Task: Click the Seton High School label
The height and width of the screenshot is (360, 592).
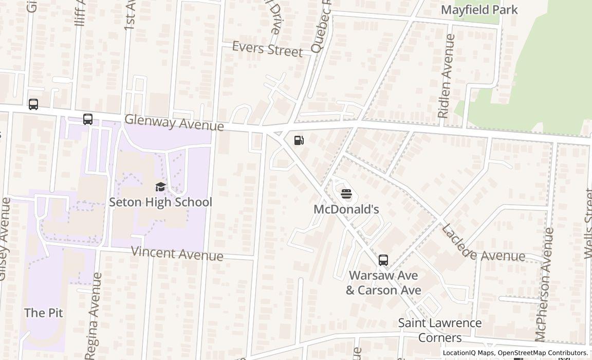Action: pos(160,202)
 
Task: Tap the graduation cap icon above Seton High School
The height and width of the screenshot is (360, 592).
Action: pos(161,187)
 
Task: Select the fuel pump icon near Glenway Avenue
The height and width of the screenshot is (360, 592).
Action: pos(299,140)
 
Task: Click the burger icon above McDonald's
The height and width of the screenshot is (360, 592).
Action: pos(346,194)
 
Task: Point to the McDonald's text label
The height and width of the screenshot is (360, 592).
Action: pos(346,209)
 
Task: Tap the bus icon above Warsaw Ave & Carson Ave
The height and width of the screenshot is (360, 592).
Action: pos(383,260)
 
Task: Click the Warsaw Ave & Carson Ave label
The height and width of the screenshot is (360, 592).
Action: pos(383,283)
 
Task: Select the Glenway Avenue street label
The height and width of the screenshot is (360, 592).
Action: pos(174,122)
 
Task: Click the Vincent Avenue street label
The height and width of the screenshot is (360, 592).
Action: pos(177,254)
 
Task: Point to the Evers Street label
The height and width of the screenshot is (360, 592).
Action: pos(267,49)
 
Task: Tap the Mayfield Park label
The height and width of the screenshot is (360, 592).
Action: pos(479,10)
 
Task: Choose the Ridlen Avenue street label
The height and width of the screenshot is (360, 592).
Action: pos(446,76)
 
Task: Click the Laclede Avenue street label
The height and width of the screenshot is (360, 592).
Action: pos(483,244)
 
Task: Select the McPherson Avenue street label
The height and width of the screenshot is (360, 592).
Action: pos(544,284)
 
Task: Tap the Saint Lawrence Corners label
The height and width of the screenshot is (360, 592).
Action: pos(440,330)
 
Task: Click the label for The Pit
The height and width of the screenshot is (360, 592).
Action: pos(44,313)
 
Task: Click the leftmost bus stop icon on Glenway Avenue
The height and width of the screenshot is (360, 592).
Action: pos(33,104)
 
